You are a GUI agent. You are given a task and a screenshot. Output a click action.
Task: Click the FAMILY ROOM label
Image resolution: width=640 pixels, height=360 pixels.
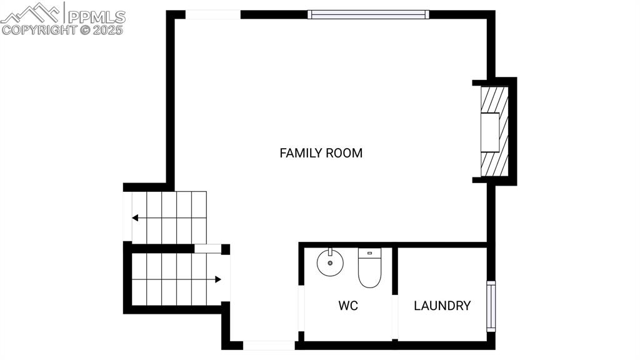[321, 152]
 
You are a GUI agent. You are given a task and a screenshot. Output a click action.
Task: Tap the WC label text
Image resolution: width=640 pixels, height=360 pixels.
[348, 306]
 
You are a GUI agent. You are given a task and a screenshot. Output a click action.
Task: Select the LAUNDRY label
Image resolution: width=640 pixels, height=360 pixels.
[442, 306]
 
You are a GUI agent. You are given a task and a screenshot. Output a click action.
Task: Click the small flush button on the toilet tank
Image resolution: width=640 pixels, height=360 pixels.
[369, 253]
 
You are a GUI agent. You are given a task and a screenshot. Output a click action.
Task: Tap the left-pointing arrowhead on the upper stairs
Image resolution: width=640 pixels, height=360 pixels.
[135, 218]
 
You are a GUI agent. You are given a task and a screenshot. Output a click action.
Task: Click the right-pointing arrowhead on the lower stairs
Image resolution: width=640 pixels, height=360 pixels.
[217, 279]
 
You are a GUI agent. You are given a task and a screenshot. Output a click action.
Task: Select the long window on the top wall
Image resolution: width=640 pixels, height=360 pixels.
[368, 14]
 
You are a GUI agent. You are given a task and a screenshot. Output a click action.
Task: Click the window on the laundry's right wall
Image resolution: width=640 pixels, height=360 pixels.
[491, 306]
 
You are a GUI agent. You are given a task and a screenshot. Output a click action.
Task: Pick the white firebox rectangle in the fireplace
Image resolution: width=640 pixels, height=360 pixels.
[489, 132]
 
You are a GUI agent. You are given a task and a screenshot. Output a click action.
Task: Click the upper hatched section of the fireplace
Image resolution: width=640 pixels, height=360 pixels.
[494, 99]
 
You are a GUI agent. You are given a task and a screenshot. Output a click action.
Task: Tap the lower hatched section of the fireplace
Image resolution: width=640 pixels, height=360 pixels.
[494, 164]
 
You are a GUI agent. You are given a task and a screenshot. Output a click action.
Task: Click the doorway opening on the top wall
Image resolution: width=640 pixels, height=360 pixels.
[213, 14]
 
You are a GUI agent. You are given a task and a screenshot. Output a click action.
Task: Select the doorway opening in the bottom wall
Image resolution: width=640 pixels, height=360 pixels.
[268, 345]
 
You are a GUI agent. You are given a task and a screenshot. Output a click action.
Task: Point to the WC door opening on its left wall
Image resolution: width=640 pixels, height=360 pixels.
[301, 307]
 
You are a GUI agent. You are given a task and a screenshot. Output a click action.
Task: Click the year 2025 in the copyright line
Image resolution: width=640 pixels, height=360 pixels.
[109, 29]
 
